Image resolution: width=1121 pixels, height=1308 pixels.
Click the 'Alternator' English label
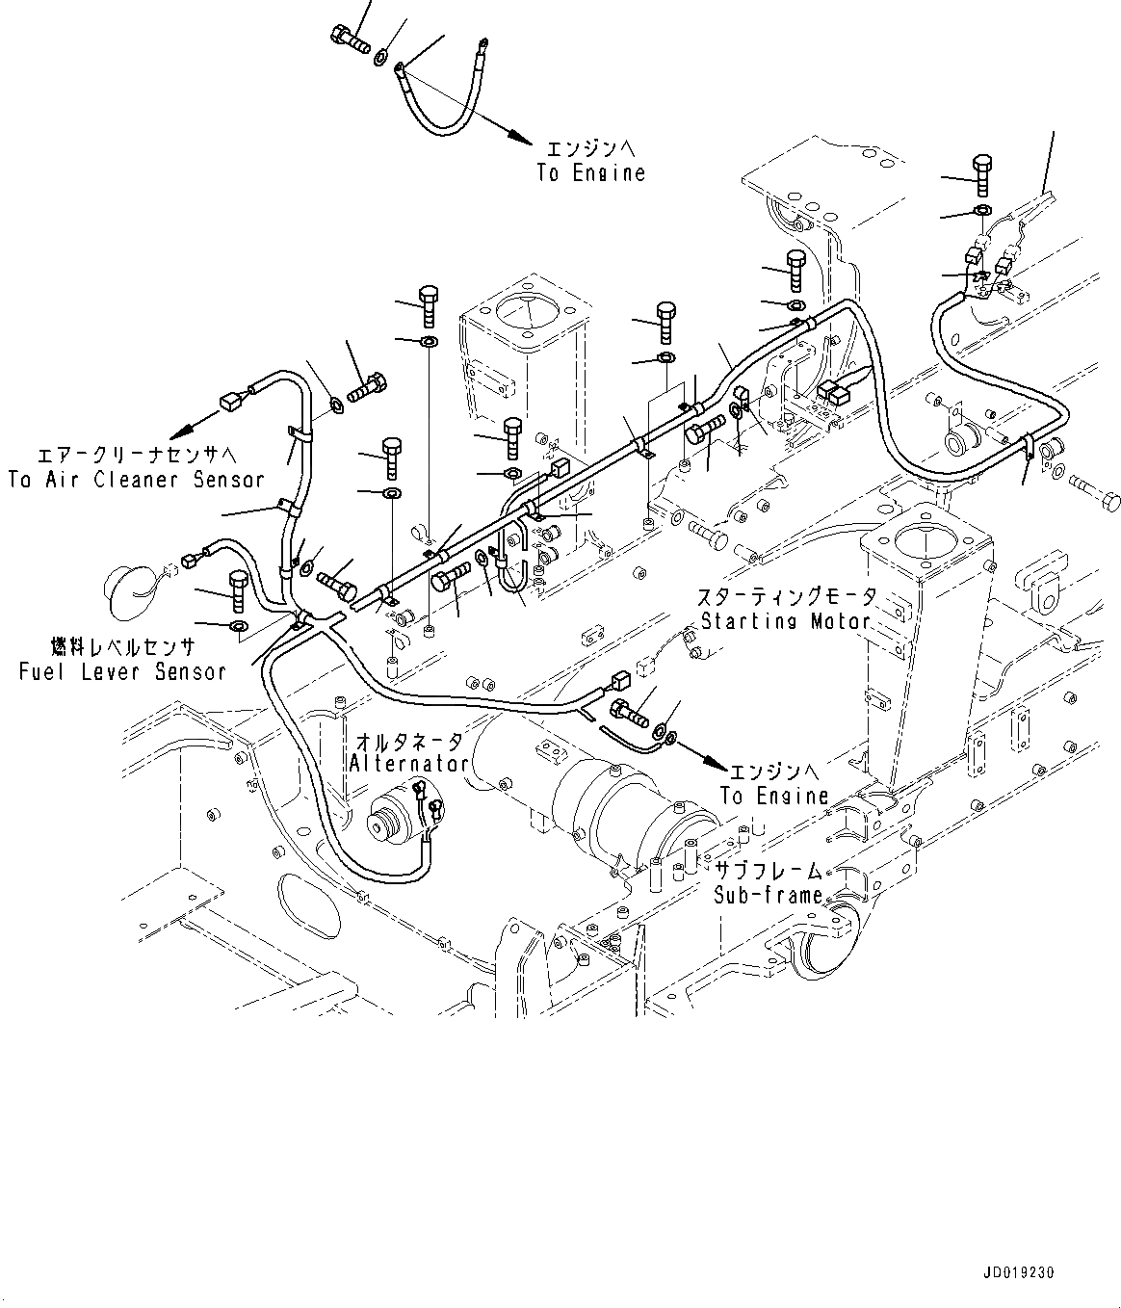(x=408, y=764)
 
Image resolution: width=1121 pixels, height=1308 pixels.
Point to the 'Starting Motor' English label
(x=784, y=621)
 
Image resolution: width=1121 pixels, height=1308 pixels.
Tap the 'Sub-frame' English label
(x=768, y=895)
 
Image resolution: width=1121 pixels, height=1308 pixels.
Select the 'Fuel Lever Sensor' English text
(x=122, y=671)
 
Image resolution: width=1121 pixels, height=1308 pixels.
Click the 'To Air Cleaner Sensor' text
(x=136, y=479)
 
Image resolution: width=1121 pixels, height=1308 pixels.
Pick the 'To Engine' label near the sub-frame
(x=774, y=796)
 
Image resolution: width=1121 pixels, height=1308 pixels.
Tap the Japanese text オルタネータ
(x=409, y=742)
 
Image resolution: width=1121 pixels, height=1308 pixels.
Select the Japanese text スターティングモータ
(x=788, y=597)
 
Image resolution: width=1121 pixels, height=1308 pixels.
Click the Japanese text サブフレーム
(x=768, y=872)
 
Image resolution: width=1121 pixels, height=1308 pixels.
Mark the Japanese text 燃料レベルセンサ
(x=123, y=646)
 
